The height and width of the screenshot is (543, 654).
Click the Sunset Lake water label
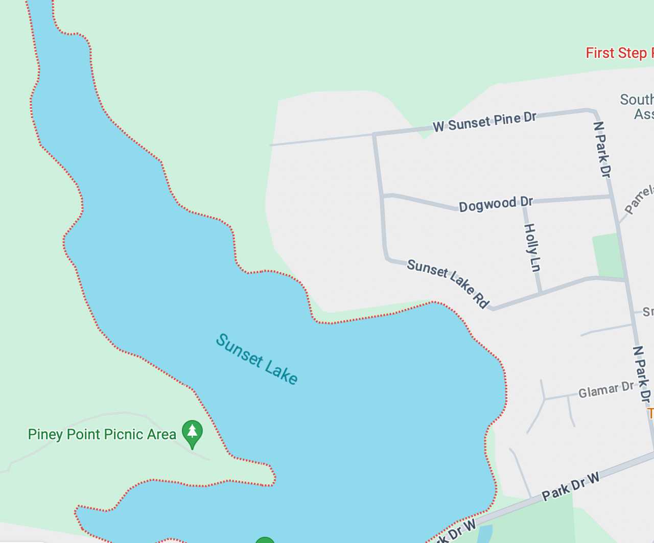point(256,359)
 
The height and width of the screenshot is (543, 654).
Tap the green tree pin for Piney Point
point(192,432)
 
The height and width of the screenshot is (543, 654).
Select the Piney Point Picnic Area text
point(102,435)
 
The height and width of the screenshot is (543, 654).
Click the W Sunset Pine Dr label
point(484,122)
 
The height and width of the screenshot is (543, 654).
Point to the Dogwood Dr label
point(496,204)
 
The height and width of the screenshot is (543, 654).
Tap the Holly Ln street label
point(532,248)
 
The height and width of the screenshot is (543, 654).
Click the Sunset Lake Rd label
point(448,282)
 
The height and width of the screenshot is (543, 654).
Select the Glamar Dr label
point(606,390)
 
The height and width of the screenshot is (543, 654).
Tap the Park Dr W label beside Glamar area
point(571,486)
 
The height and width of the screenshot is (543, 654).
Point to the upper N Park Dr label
point(602,149)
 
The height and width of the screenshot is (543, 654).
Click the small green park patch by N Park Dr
point(608,255)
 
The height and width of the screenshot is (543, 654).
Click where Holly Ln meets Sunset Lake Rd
point(541,293)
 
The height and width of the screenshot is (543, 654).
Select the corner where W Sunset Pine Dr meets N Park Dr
point(595,110)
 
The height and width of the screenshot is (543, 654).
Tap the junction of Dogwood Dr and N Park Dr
point(612,197)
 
